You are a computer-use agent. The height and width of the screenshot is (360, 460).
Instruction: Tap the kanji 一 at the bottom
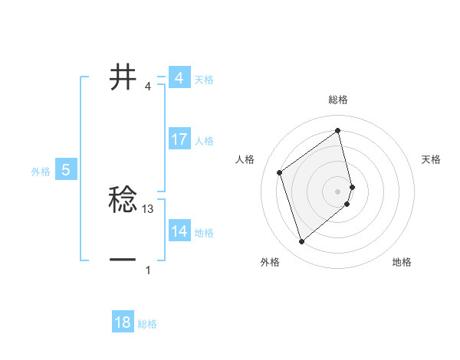coord(123,260)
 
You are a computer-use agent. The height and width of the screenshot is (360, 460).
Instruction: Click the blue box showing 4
coord(179,78)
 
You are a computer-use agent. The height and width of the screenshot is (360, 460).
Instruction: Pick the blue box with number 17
coord(179,139)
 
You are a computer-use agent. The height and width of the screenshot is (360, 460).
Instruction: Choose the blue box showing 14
coord(179,231)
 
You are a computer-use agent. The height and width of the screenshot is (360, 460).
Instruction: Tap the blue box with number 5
coord(65,170)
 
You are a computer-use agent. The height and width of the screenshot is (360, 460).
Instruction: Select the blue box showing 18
coord(123,322)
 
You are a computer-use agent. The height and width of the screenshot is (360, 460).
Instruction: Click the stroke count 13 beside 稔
coord(148,208)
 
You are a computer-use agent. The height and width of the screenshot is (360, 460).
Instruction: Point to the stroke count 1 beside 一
coord(148,270)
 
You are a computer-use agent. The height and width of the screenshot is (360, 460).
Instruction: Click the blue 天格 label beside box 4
coord(204,80)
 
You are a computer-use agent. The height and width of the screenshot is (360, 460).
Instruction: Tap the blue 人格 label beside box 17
coord(204,141)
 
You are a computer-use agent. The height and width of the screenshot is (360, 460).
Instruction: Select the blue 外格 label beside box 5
coord(41,172)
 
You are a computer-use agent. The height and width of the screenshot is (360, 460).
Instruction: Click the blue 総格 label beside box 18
coord(147,324)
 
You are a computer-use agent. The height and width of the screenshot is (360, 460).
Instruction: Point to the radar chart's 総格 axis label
coord(338,100)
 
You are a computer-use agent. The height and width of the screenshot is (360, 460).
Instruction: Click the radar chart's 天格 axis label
coord(432,159)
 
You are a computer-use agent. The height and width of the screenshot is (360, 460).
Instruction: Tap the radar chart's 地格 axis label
coord(402,263)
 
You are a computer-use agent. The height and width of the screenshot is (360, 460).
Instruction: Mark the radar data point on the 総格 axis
coord(338,131)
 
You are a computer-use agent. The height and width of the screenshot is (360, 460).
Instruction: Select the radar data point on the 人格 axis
coord(280,172)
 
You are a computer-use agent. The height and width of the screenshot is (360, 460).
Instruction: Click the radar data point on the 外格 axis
coord(301,242)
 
